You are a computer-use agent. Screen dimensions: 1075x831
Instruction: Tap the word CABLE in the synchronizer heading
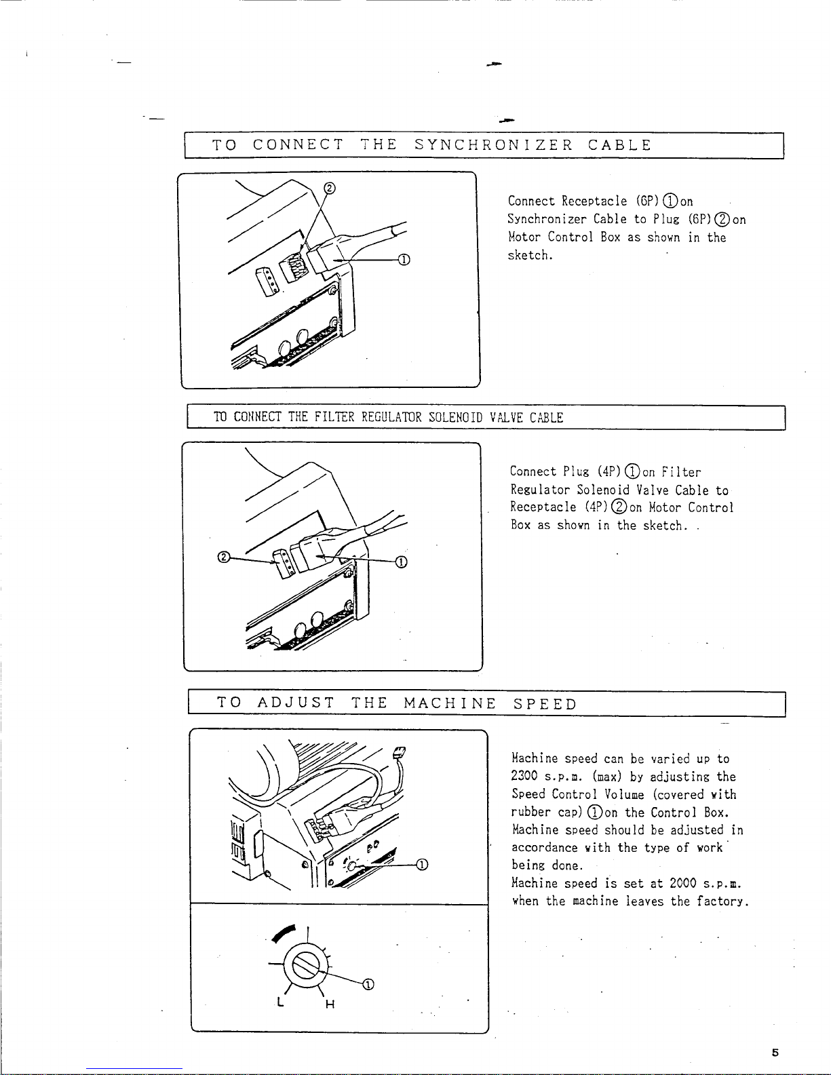click(619, 145)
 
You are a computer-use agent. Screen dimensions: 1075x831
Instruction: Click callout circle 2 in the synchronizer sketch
click(330, 188)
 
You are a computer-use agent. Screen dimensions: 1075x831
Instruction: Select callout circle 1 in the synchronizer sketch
click(404, 259)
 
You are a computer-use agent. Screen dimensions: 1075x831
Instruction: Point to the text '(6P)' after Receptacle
click(648, 201)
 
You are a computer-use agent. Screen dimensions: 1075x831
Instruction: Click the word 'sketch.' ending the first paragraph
click(530, 256)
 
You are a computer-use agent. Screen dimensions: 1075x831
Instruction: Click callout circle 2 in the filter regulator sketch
click(222, 558)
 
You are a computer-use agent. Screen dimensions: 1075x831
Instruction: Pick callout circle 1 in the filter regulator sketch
click(401, 562)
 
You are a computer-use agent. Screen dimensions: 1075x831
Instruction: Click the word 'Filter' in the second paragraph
click(681, 472)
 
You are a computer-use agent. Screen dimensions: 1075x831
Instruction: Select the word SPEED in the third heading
click(545, 703)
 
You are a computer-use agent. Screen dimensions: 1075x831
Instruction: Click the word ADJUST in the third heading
click(296, 703)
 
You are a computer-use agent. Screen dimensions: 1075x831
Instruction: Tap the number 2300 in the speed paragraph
click(524, 777)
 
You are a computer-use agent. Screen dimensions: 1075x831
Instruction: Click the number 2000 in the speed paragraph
click(683, 883)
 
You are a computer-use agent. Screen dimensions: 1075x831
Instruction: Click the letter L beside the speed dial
click(280, 1002)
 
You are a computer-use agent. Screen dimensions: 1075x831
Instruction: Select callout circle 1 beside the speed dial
click(368, 985)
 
